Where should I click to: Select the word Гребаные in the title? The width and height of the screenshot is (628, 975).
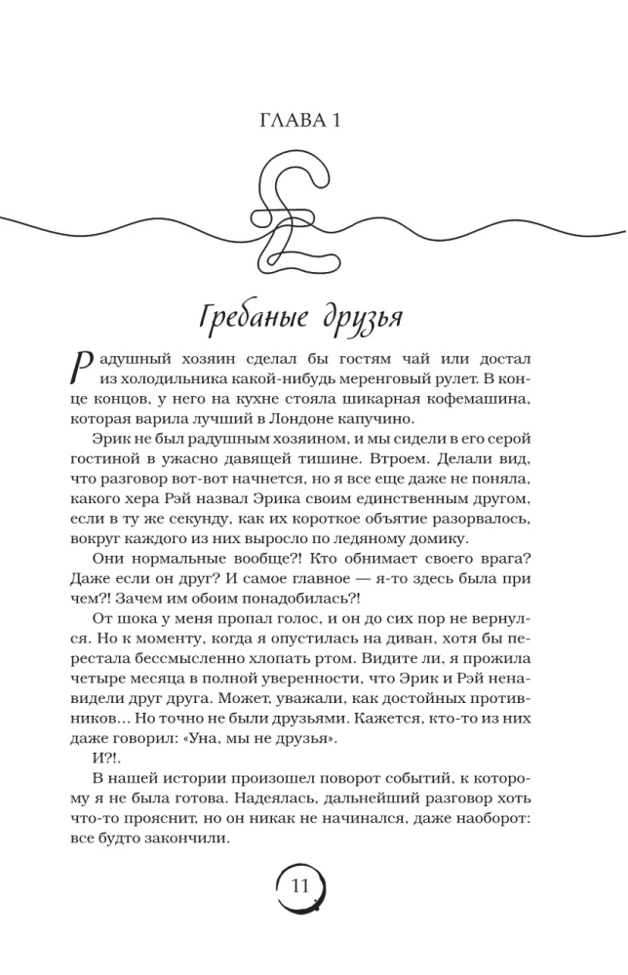coord(255,318)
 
